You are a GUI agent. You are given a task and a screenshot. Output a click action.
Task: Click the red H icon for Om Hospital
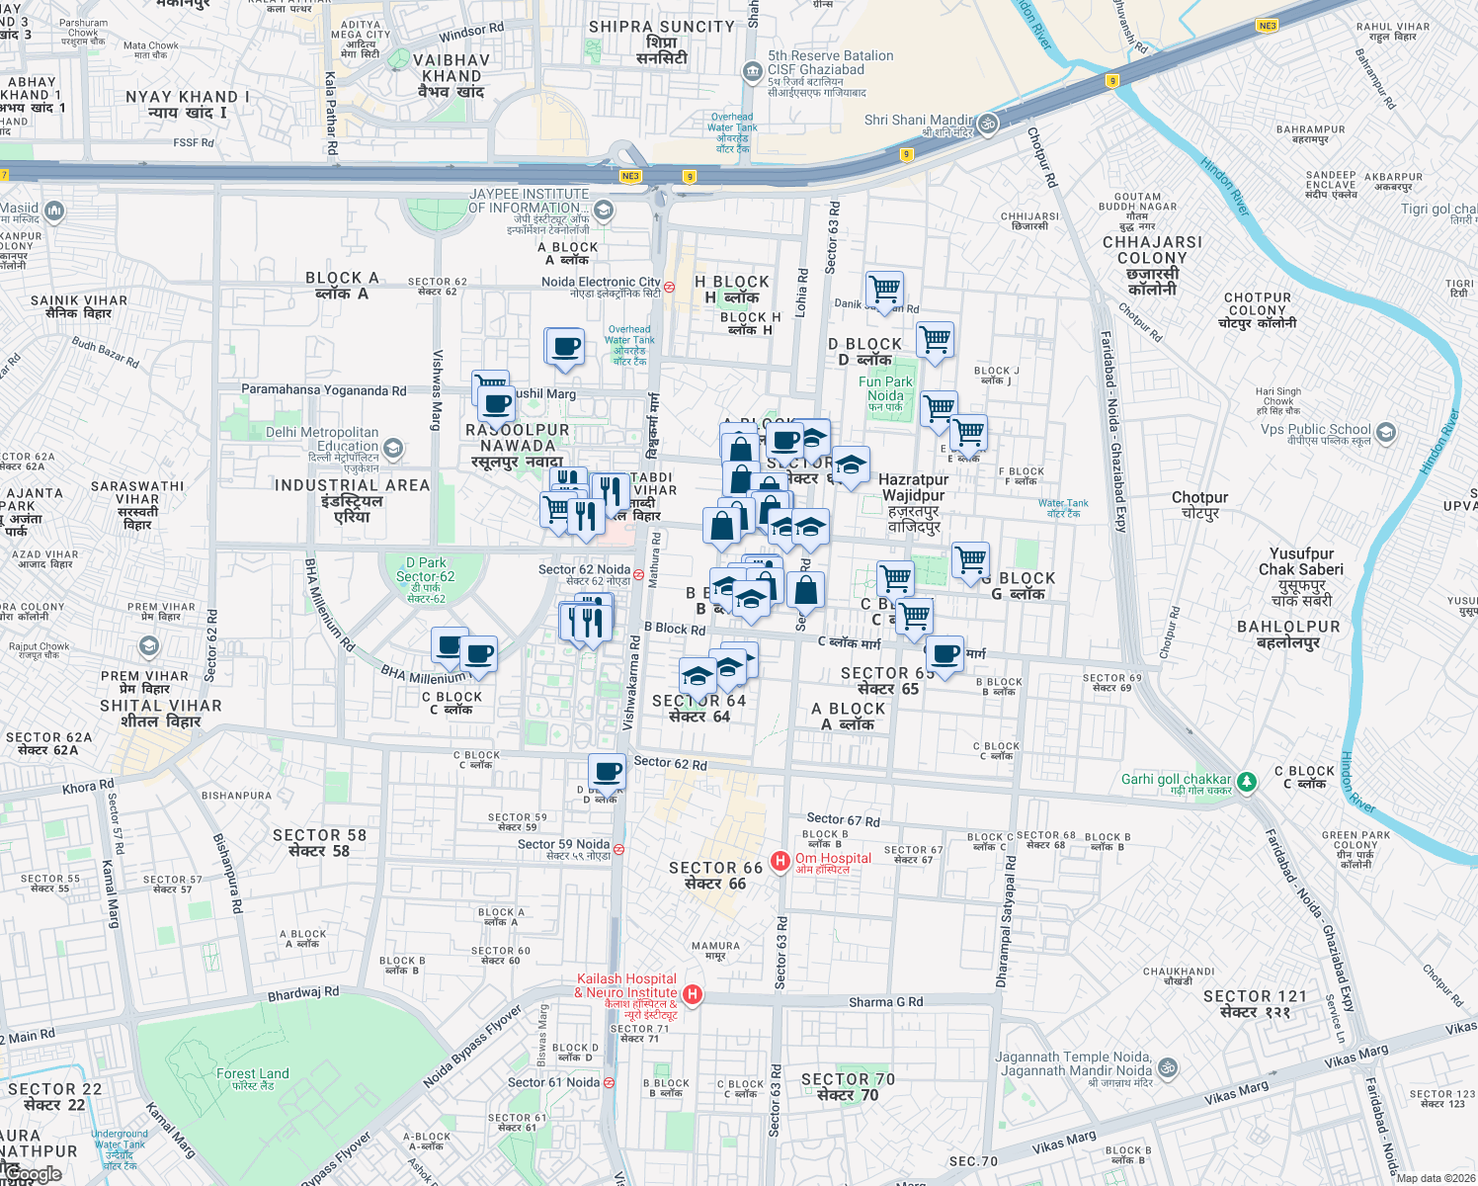(x=780, y=861)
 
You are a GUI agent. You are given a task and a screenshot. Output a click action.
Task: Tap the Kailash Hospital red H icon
(x=693, y=994)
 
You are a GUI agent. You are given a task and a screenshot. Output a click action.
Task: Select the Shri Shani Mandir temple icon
(x=988, y=124)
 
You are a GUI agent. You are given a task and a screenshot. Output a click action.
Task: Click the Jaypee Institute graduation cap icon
(x=604, y=210)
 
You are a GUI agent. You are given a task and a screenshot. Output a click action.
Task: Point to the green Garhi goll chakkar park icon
(x=1247, y=782)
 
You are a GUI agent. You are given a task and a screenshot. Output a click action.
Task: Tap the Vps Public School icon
(x=1386, y=432)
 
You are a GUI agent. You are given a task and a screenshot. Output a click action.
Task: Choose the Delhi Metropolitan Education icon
(x=393, y=449)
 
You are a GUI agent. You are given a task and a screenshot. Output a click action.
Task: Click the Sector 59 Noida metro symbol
(x=618, y=849)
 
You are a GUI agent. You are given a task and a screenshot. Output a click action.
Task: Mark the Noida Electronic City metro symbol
(x=669, y=288)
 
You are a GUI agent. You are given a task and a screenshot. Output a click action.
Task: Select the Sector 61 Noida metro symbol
(x=609, y=1083)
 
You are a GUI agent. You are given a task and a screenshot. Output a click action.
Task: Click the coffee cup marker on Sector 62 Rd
(x=607, y=771)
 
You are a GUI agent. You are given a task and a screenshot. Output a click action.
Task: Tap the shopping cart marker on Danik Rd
(x=884, y=290)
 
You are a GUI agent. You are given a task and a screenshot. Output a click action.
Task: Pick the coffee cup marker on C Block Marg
(x=944, y=653)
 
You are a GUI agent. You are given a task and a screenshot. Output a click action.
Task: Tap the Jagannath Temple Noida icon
(x=1168, y=1067)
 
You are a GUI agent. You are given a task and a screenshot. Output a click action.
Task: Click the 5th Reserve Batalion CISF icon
(x=753, y=71)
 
